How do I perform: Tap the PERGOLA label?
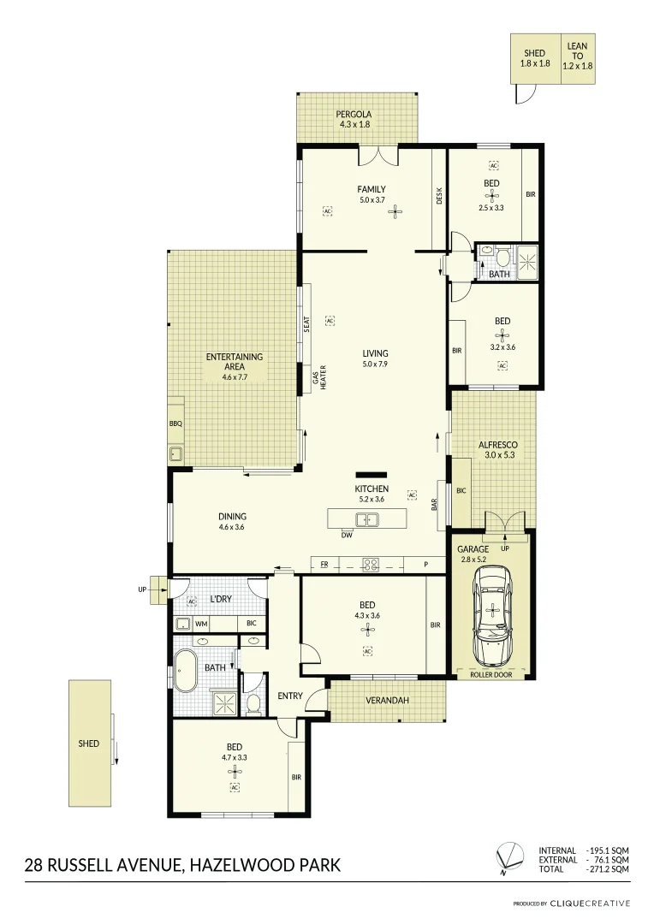click(354, 115)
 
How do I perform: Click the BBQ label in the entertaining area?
click(175, 423)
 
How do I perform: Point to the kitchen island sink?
click(367, 518)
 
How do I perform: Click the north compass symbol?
click(511, 856)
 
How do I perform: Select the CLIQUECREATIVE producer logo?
click(590, 903)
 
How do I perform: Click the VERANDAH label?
click(388, 701)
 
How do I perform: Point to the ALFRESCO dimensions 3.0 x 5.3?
click(497, 456)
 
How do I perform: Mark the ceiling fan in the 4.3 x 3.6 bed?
click(367, 629)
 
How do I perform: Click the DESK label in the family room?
click(439, 196)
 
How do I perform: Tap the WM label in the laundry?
click(202, 624)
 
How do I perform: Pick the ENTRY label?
click(290, 696)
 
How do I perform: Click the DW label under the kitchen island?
click(347, 536)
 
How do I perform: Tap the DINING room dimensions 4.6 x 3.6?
click(232, 527)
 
